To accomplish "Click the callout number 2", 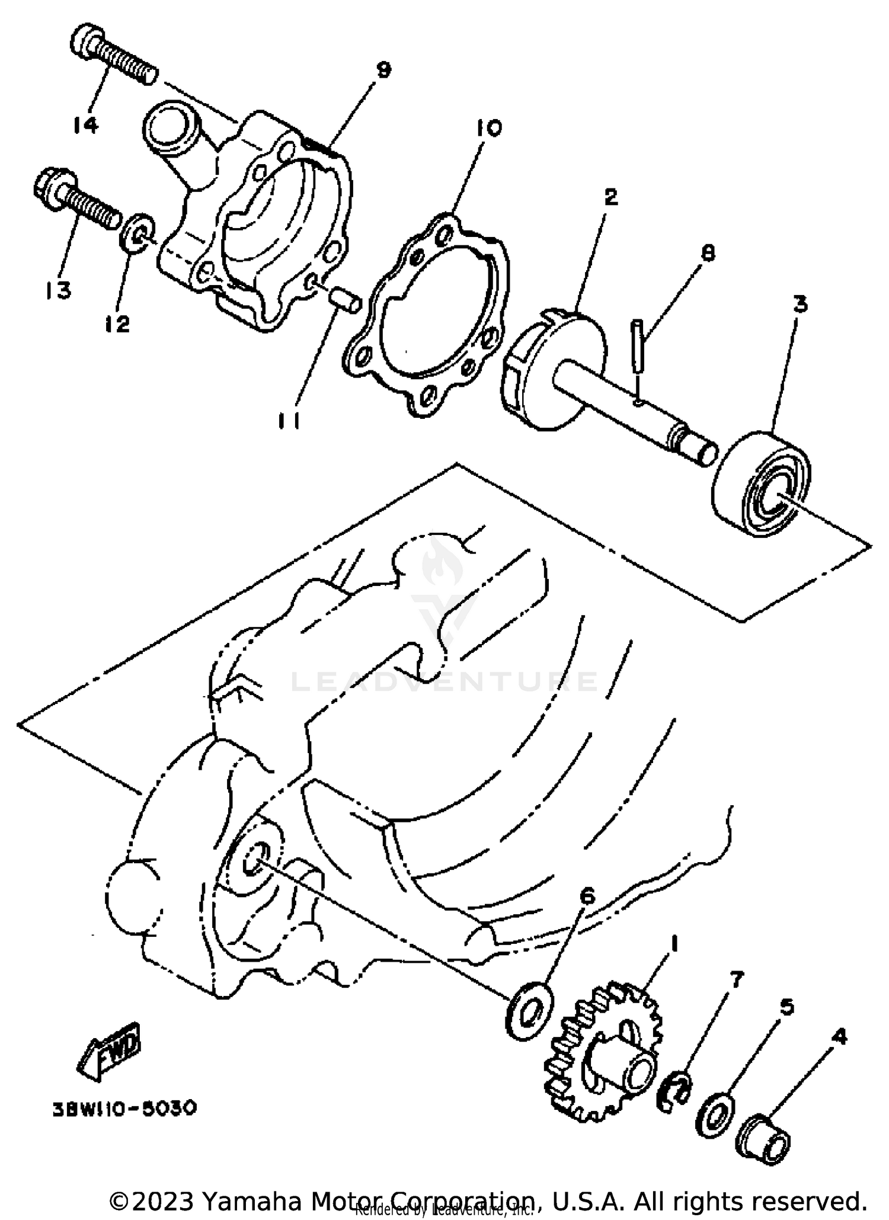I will pos(610,197).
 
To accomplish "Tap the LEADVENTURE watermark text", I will pos(444,682).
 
